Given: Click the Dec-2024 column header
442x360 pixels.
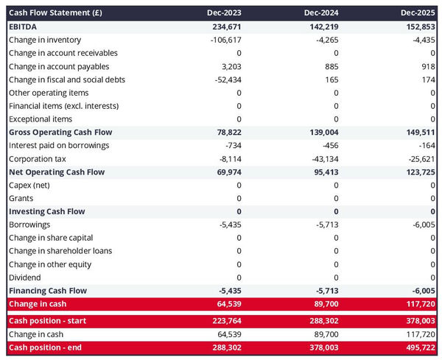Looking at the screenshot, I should (x=323, y=13).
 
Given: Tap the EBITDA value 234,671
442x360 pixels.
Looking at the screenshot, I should (x=224, y=27).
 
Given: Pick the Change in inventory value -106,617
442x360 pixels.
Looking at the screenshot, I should (x=222, y=40).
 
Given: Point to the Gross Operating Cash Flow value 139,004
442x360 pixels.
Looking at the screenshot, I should (x=321, y=133).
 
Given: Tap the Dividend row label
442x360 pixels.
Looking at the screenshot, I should (x=25, y=278).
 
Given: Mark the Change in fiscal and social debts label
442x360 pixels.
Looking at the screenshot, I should (x=67, y=80).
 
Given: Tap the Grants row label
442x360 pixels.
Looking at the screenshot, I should (x=21, y=199).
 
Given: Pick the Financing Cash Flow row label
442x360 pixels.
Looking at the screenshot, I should (x=48, y=291).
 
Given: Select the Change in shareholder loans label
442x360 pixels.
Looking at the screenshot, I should (x=60, y=251).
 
